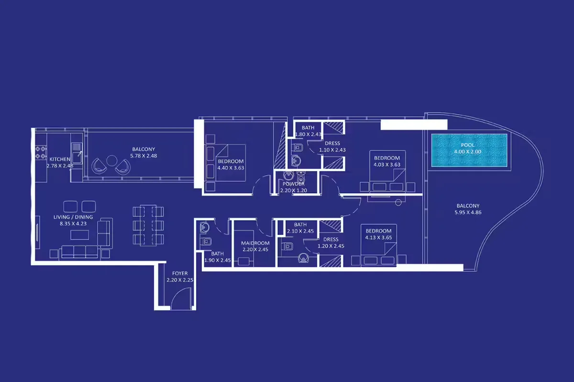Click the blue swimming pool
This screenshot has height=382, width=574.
(x=469, y=150)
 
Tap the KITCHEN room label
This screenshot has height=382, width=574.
(x=60, y=159)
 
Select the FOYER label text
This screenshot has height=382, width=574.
(x=180, y=273)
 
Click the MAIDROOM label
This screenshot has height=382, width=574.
(x=255, y=243)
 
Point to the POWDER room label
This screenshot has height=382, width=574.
(x=294, y=184)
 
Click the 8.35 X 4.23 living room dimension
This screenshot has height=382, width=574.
(x=73, y=223)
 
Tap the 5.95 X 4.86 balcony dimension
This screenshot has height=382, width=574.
(x=468, y=212)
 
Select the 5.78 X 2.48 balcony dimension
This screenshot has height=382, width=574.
(x=143, y=156)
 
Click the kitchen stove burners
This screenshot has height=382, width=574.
(x=41, y=152)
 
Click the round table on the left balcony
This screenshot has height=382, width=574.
(x=112, y=161)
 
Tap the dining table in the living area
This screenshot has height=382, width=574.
(x=148, y=225)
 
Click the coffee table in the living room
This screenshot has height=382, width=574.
(x=80, y=235)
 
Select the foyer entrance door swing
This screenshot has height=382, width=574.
(x=181, y=298)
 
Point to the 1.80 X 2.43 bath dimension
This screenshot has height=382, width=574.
(x=308, y=134)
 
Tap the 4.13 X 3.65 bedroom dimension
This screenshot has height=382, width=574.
(x=378, y=238)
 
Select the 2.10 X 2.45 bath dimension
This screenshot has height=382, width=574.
(x=300, y=231)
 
